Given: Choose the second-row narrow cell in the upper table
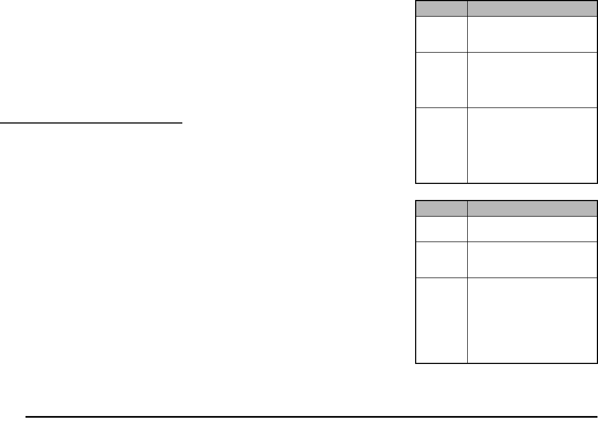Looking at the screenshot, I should [441, 80].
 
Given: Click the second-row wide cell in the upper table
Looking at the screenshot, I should [532, 80].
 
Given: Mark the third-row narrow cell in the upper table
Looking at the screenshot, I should [441, 145].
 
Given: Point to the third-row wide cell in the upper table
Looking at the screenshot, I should [532, 145].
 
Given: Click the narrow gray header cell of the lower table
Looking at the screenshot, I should [441, 208].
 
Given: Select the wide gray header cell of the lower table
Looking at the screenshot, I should [532, 208].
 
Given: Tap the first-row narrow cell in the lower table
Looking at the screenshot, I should [441, 228].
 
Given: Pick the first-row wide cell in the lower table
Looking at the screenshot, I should [532, 228].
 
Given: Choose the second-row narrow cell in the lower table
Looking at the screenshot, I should [441, 259].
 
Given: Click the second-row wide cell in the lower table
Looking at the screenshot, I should [532, 259].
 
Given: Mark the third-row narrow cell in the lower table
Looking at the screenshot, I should [441, 320].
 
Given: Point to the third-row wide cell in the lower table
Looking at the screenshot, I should [532, 320].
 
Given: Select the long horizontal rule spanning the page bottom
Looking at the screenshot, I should [308, 416].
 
